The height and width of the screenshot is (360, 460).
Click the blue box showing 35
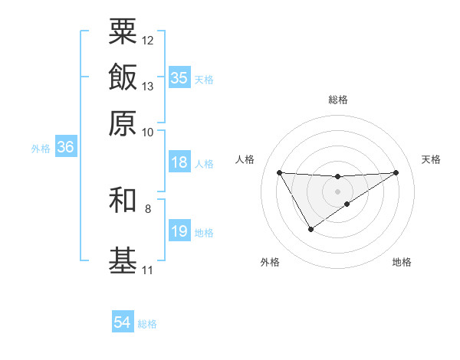click(179, 77)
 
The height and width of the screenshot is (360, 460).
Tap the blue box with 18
click(179, 162)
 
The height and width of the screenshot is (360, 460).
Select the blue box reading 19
click(179, 231)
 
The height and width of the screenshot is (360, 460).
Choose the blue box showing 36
click(65, 148)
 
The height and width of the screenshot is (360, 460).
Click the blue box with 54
click(123, 322)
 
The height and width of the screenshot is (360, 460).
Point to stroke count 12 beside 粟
click(148, 40)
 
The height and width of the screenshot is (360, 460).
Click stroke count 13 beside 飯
click(148, 86)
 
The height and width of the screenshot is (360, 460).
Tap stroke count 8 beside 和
click(148, 208)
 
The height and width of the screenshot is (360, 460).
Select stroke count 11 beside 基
click(147, 270)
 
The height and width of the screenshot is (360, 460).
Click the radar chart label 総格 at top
click(338, 100)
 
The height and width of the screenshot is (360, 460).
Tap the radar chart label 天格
click(431, 159)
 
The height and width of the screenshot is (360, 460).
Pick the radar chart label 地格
click(402, 262)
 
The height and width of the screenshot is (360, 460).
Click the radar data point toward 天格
click(396, 172)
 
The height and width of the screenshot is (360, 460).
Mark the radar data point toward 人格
click(280, 172)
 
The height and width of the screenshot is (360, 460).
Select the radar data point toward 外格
click(310, 229)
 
